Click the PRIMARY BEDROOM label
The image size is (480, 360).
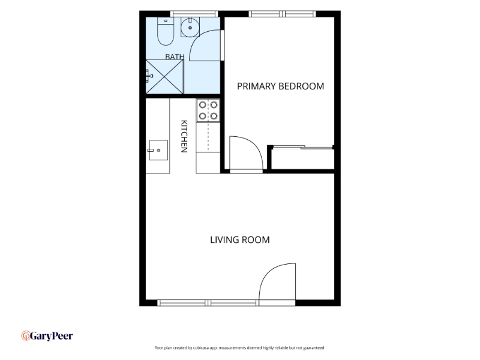click(x=280, y=86)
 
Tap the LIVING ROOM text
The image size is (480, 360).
click(x=239, y=239)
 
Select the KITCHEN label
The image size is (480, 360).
click(x=184, y=136)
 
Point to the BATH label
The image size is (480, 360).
click(x=175, y=56)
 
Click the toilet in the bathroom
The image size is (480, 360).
click(x=166, y=31)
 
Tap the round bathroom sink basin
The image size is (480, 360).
click(x=190, y=28)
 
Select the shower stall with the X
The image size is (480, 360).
click(x=164, y=77)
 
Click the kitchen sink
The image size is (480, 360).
click(x=158, y=150)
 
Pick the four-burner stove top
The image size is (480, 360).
click(x=208, y=110)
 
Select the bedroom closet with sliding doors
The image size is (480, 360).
click(x=302, y=157)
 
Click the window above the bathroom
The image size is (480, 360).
click(x=194, y=13)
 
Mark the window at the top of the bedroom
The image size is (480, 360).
click(x=282, y=13)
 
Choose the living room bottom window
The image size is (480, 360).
click(x=208, y=303)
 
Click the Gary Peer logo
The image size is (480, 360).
click(x=47, y=336)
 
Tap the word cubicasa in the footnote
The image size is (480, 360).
click(x=200, y=348)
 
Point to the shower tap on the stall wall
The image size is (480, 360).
click(x=149, y=76)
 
